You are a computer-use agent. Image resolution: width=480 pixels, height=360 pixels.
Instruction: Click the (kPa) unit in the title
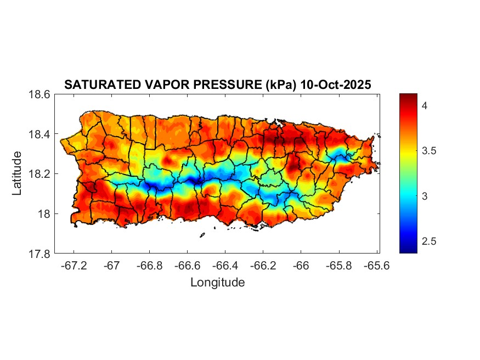278,85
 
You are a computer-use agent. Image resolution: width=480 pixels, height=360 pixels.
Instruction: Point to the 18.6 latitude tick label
39,94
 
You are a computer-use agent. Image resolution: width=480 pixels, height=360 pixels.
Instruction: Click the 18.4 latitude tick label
39,134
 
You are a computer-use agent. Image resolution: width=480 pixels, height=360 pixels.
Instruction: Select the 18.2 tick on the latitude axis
39,174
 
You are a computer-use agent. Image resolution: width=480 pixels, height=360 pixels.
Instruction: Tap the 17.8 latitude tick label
39,254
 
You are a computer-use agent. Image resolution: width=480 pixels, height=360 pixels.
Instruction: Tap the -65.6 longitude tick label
376,265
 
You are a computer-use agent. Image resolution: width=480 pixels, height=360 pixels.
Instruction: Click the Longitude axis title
217,283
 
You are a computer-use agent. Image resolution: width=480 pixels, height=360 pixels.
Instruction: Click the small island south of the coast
202,235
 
